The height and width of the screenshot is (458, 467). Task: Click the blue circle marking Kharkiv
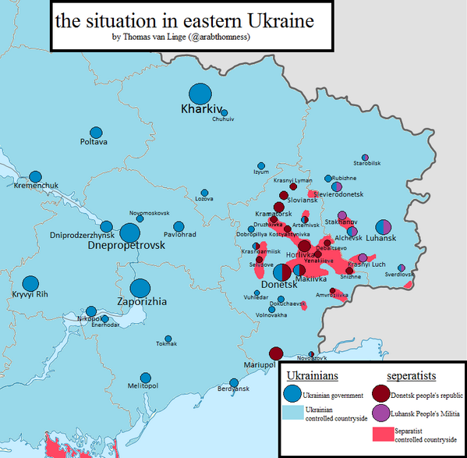pyautogui.click(x=200, y=93)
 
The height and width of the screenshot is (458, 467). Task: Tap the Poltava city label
pyautogui.click(x=94, y=142)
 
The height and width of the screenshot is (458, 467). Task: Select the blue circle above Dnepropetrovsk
pyautogui.click(x=130, y=233)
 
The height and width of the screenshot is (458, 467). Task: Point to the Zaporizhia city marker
pyautogui.click(x=141, y=289)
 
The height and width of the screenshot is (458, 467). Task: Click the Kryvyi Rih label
pyautogui.click(x=30, y=293)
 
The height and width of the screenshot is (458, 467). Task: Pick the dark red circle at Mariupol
pyautogui.click(x=276, y=353)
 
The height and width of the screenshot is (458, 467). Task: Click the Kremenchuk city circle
pyautogui.click(x=36, y=177)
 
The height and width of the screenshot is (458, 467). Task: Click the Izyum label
pyautogui.click(x=261, y=172)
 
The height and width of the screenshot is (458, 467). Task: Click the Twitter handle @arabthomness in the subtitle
pyautogui.click(x=218, y=37)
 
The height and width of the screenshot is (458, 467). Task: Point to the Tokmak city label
pyautogui.click(x=166, y=344)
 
